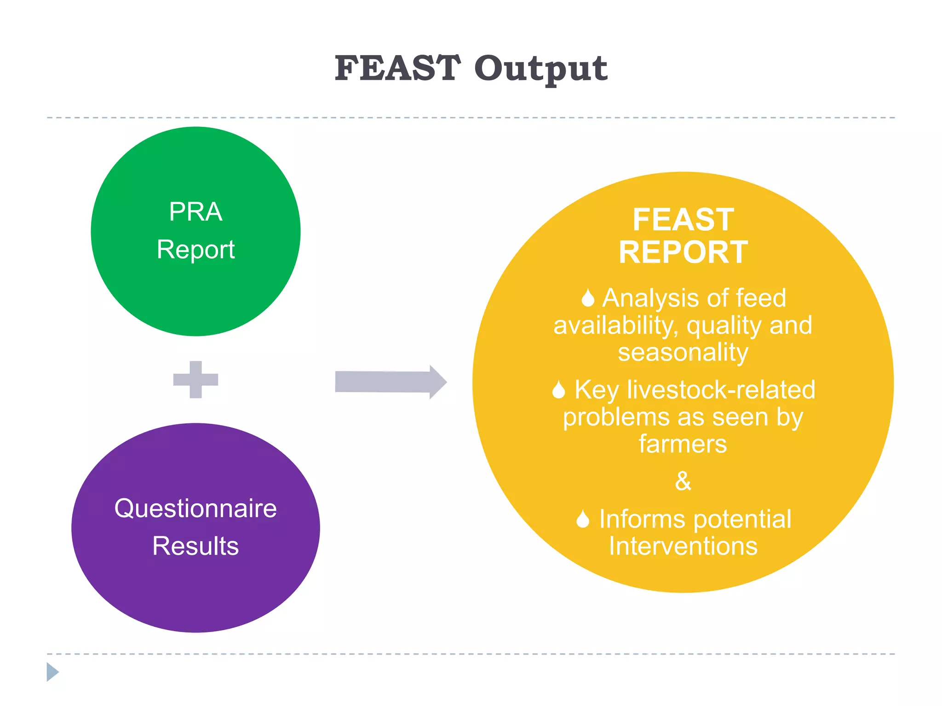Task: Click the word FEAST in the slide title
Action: pos(397,68)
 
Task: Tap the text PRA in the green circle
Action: pos(195,212)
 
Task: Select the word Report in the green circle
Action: pos(195,250)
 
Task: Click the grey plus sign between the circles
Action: pos(195,380)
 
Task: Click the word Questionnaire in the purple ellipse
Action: pos(195,508)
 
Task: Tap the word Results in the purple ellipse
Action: pos(195,546)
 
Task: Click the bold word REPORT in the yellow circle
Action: pos(683,252)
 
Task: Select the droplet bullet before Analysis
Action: pos(587,298)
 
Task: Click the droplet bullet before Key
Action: pos(558,390)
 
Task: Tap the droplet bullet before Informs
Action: pos(583,519)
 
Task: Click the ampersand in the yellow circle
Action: pos(683,481)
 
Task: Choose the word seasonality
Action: pos(683,353)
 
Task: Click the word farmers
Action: pos(683,444)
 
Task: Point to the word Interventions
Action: pos(683,546)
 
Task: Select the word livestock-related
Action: pos(721,390)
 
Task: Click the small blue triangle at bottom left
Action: pos(52,672)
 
